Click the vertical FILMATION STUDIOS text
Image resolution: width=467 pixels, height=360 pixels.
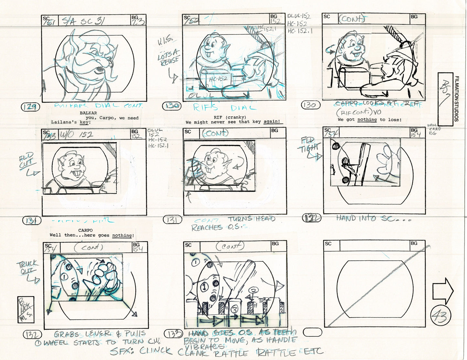pyautogui.click(x=456, y=99)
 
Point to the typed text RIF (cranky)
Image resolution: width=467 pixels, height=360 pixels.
pyautogui.click(x=230, y=117)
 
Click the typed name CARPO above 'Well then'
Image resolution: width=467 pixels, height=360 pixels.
pyautogui.click(x=86, y=230)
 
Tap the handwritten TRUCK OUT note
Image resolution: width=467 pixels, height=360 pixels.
pyautogui.click(x=27, y=268)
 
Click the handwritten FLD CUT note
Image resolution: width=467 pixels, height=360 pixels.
pyautogui.click(x=27, y=161)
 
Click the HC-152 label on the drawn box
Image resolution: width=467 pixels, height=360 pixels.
pyautogui.click(x=218, y=79)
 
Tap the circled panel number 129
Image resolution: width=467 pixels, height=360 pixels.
pyautogui.click(x=30, y=107)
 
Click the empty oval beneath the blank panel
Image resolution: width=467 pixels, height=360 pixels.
pyautogui.click(x=313, y=332)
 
